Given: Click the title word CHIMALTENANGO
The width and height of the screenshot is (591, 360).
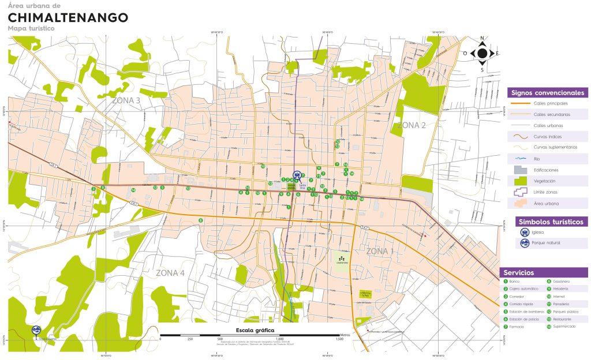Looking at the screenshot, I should pos(68,17).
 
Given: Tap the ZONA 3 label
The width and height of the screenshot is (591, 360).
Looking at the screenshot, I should pos(126,100).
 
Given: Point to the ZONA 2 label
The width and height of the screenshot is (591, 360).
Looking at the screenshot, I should pos(411,125).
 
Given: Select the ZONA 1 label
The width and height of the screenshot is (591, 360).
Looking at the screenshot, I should pos(380,251).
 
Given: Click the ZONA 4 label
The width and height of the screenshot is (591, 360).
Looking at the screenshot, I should pos(170,273).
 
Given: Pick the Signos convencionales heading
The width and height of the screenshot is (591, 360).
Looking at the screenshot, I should pos(547,93).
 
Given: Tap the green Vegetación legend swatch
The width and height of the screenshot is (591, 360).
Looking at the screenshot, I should pos(521,181).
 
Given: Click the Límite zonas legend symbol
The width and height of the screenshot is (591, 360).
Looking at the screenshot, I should pos(521,192).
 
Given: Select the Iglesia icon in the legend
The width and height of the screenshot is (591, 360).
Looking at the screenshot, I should pos(525,232).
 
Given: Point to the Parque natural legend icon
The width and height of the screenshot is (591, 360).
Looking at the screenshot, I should pos(525,243).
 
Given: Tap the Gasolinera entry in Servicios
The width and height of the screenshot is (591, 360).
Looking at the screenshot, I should pos(561,282).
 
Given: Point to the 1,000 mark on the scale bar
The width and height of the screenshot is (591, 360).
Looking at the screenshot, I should pos(279,339).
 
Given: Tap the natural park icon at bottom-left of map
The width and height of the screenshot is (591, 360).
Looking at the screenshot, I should pos(36,331).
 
